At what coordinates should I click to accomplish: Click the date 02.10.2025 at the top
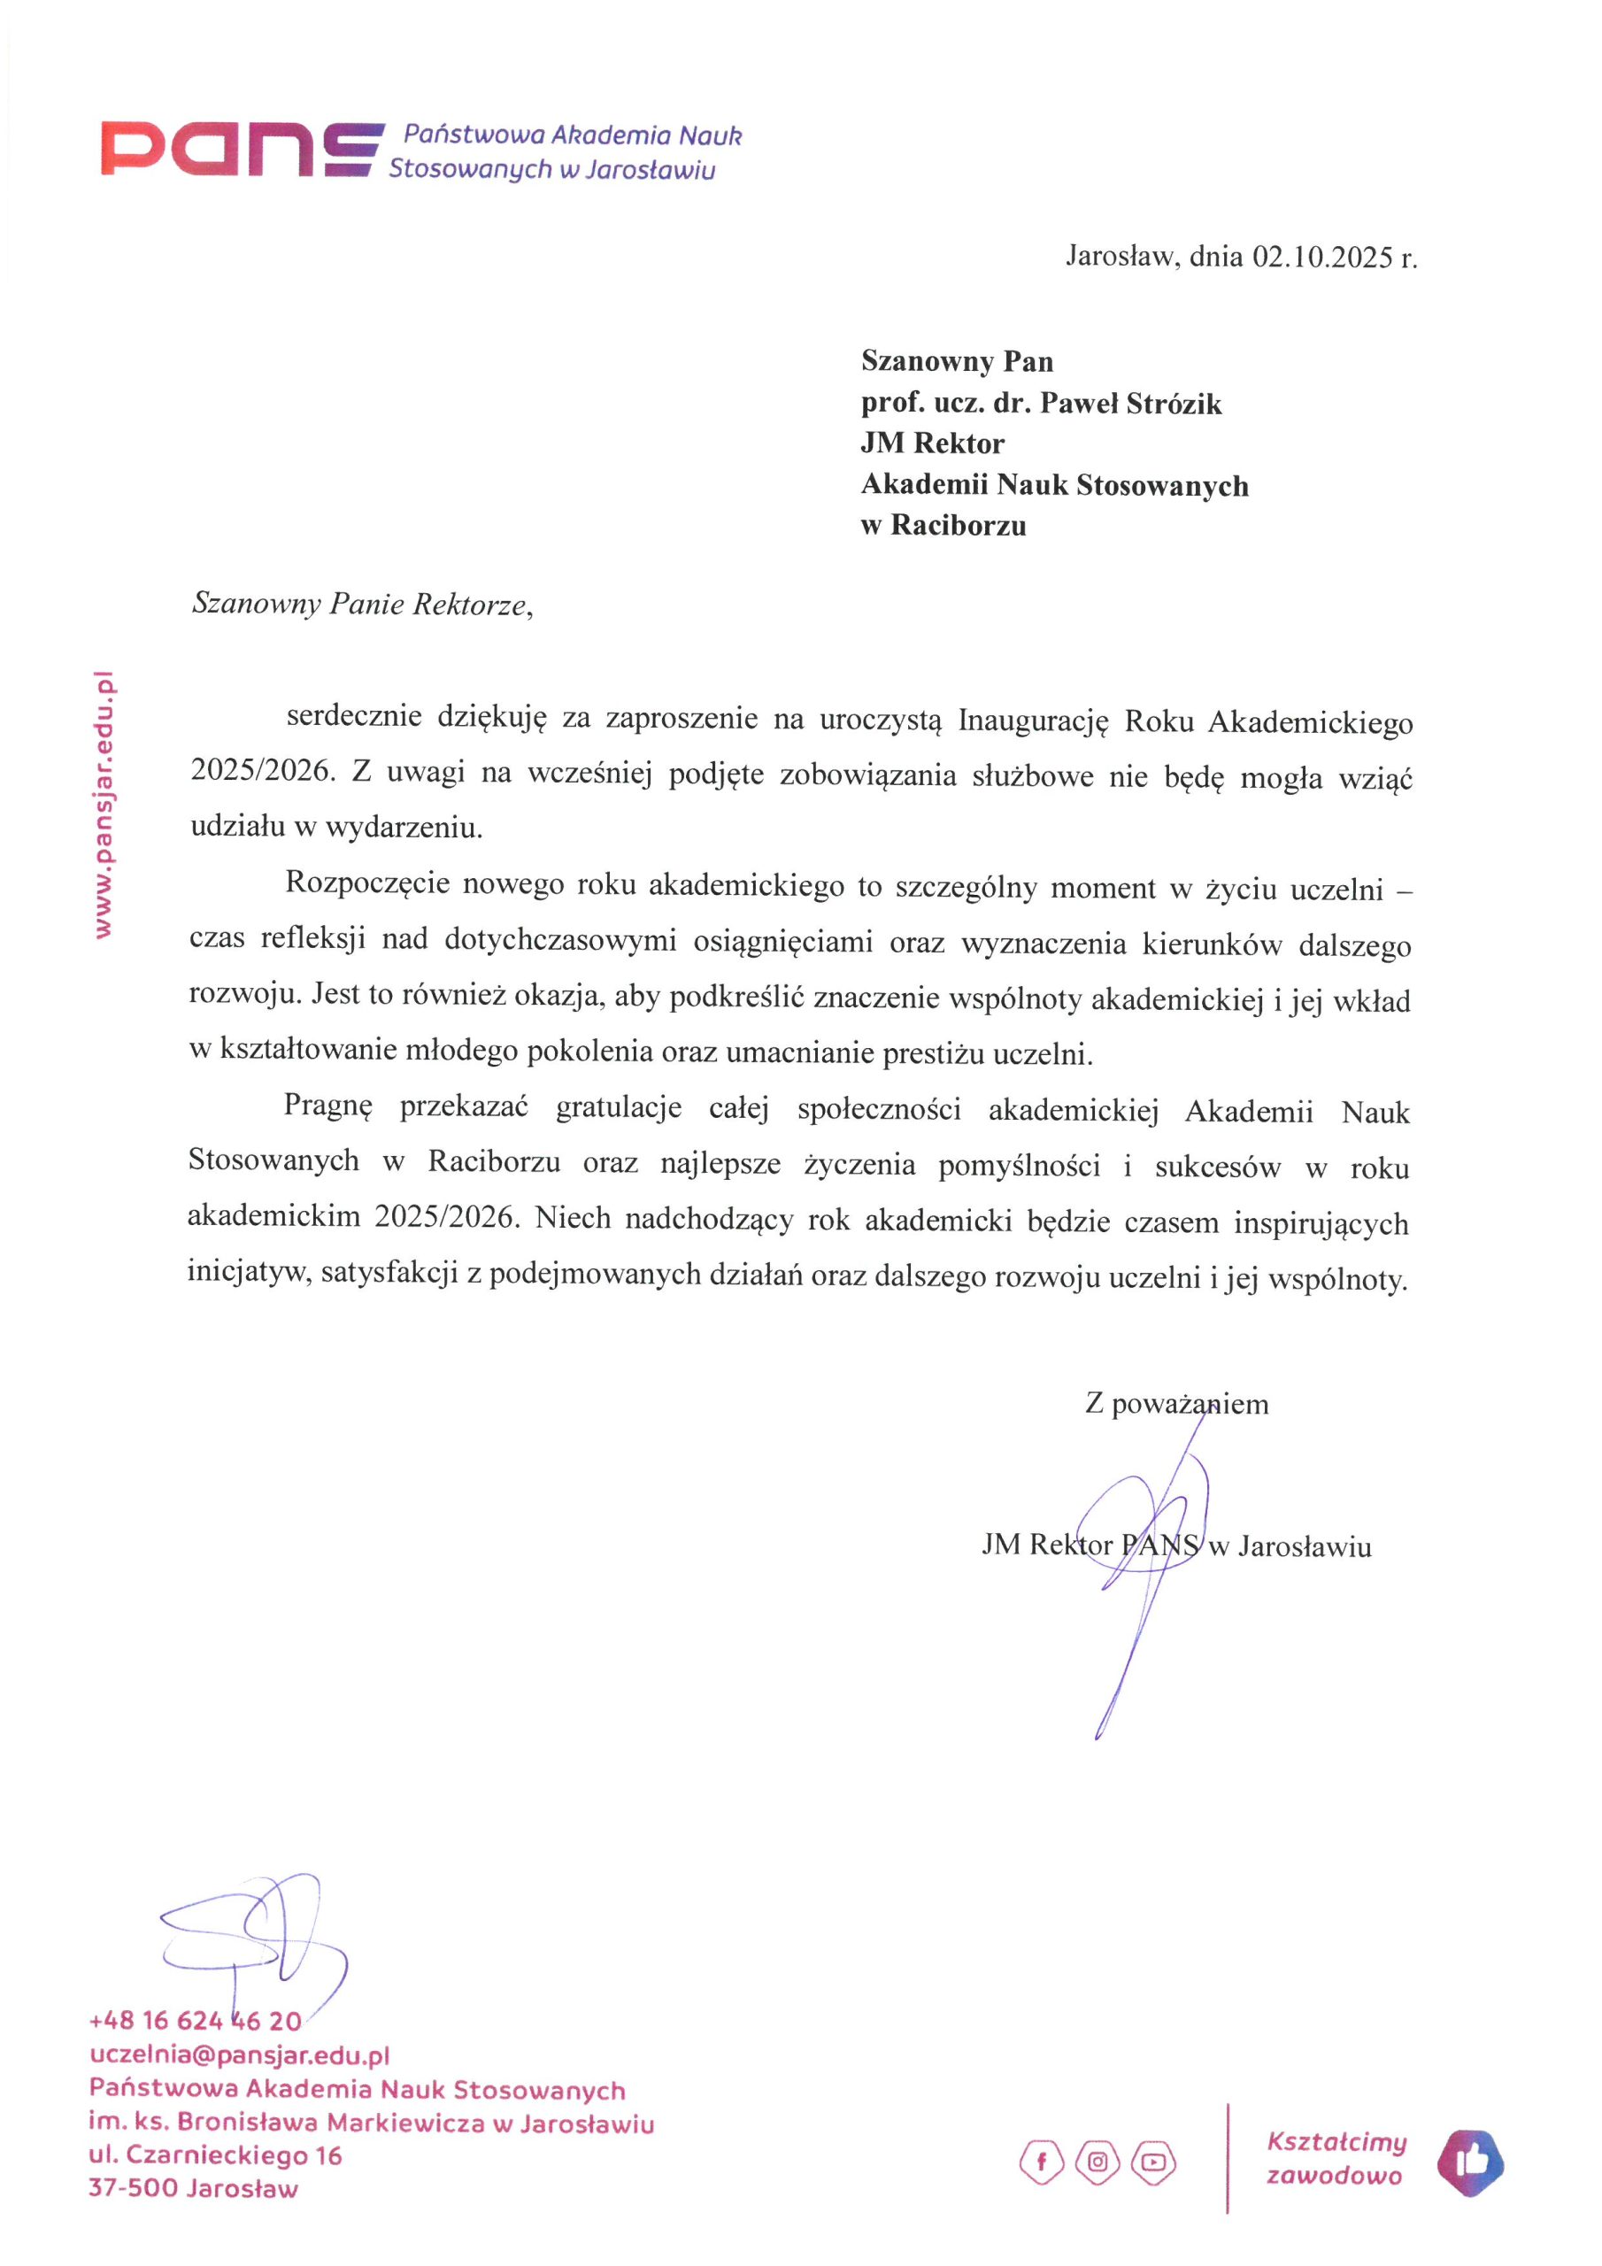1322,258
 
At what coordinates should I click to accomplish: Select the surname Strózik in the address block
1174,404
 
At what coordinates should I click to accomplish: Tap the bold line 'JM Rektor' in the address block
932,444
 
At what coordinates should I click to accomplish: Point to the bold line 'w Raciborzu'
943,526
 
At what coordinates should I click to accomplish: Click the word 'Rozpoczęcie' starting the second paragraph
366,883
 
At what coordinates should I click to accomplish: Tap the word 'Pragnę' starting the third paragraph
327,1106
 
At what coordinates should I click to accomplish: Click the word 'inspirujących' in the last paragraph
1321,1224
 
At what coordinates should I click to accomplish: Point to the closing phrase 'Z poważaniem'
1176,1405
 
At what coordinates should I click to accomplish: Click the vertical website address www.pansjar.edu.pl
104,805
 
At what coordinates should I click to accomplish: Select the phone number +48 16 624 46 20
195,2021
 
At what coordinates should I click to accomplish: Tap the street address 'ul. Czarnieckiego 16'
215,2155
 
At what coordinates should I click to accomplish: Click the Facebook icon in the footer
1042,2163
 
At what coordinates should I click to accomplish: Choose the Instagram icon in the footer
1097,2163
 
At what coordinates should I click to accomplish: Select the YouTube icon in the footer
1153,2163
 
